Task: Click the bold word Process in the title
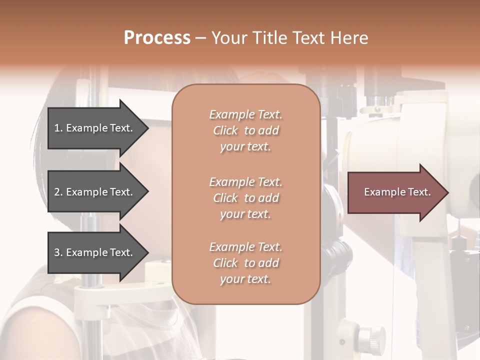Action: point(157,38)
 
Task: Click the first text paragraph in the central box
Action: point(245,130)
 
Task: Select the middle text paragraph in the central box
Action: point(245,198)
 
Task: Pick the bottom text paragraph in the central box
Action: point(245,263)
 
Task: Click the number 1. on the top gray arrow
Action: point(58,128)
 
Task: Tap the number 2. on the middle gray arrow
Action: point(58,192)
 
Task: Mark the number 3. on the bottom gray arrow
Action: point(58,252)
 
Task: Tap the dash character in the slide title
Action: point(200,38)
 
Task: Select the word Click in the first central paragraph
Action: point(225,130)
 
